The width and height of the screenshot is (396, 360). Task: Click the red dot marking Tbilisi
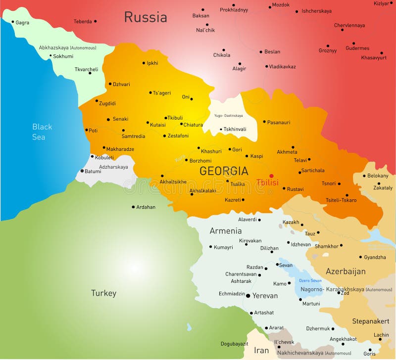[x=271, y=176]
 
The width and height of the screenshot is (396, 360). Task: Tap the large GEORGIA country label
[x=224, y=171]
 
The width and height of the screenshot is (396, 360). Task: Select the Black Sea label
[x=42, y=132]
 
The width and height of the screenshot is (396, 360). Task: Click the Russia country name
[x=145, y=17]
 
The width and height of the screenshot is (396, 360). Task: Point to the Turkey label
[x=103, y=293]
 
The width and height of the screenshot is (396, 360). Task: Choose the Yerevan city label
[x=265, y=296]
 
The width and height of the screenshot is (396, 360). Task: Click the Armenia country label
[x=226, y=231]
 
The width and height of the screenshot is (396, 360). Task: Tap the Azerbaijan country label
[x=346, y=271]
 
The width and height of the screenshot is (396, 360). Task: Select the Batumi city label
[x=93, y=172]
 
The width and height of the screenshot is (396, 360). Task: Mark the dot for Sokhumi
[x=50, y=56]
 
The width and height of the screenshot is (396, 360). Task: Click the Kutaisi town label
[x=157, y=125]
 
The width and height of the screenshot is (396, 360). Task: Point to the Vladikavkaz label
[x=282, y=66]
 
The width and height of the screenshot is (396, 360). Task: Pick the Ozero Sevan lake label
[x=310, y=280]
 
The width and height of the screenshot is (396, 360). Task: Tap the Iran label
[x=261, y=351]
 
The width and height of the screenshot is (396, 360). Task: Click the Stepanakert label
[x=370, y=321]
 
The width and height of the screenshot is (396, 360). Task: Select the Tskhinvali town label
[x=235, y=130]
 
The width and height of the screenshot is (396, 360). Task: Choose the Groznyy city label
[x=328, y=50]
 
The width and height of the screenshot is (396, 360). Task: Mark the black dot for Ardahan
[x=133, y=207]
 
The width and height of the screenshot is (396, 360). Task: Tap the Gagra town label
[x=22, y=23]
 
